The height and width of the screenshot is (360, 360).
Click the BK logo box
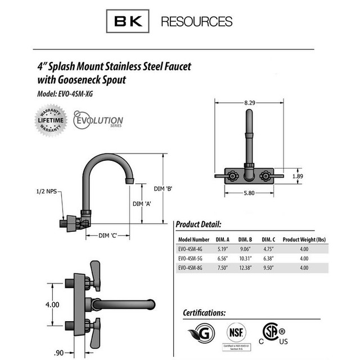[x=129, y=22]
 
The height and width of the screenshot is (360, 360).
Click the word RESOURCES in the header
[x=196, y=22]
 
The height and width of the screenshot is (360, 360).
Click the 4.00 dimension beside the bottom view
[x=52, y=304]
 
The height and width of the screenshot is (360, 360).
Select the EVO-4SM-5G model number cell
[x=193, y=258]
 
